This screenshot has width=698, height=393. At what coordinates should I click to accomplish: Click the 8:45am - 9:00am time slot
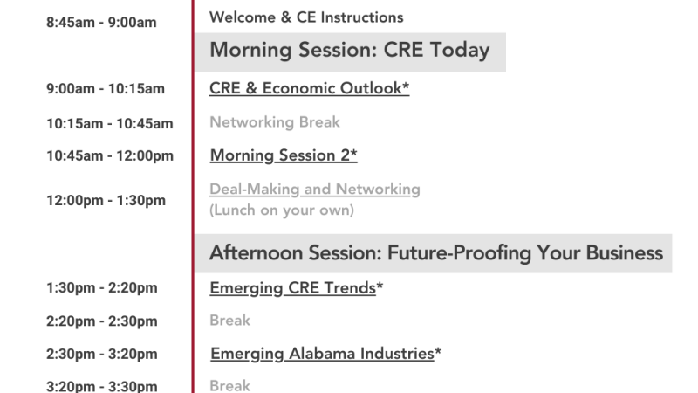[101, 23]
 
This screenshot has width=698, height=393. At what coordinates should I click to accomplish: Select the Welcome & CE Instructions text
[306, 17]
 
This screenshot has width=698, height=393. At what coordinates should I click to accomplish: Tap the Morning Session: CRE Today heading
[350, 50]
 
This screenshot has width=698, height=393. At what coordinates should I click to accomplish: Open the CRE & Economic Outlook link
[306, 88]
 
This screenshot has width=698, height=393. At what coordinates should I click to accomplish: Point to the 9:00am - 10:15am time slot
[106, 89]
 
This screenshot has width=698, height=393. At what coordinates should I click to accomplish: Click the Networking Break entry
[275, 122]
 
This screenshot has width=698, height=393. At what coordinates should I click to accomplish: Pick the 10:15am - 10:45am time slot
[110, 123]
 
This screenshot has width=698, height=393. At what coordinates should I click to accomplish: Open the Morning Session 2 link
[280, 155]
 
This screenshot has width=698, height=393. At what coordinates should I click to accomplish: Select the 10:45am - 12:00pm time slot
[110, 156]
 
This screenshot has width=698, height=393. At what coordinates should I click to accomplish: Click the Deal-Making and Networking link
[315, 189]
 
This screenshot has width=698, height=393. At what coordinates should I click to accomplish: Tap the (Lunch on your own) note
[282, 210]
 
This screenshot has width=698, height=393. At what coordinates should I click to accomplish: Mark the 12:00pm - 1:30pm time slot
[106, 201]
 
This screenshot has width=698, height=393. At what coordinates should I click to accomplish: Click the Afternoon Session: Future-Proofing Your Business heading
[436, 253]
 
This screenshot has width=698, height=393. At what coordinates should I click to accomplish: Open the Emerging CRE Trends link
[293, 288]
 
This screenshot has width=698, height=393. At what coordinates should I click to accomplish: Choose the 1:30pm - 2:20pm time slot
[102, 288]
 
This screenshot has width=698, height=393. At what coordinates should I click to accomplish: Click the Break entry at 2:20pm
[229, 321]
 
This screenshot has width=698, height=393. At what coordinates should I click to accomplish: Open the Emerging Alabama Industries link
[322, 354]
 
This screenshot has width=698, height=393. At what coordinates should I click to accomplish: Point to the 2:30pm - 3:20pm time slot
[102, 355]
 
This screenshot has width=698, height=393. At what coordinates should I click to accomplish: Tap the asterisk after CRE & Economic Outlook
[406, 85]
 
